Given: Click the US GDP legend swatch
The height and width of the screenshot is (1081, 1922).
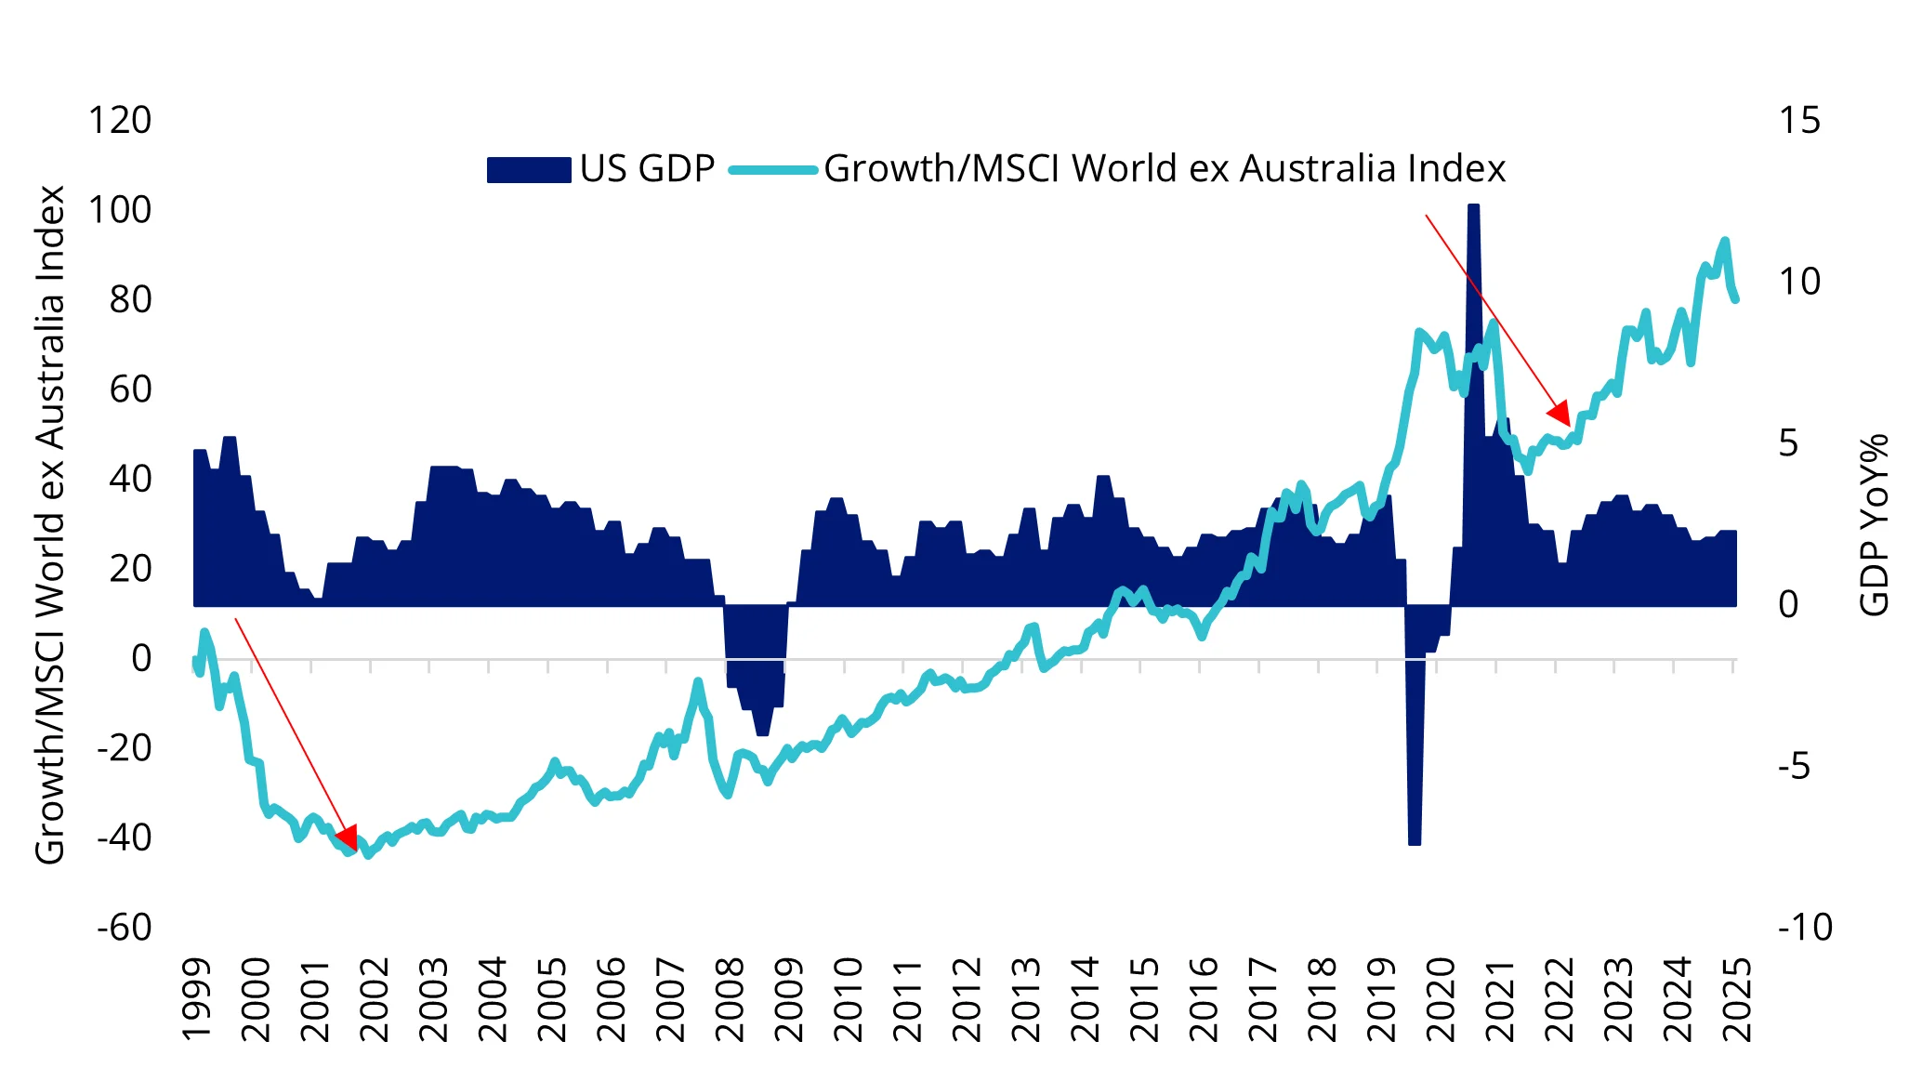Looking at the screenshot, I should coord(528,170).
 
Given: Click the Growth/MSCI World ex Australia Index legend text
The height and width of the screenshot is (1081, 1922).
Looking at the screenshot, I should coord(1164,169).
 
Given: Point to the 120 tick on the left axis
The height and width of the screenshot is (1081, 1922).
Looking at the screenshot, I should coord(119,121).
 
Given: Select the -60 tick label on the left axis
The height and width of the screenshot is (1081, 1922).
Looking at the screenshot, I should coord(124,927).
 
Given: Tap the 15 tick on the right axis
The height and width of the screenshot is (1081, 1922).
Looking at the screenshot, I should coord(1799,121).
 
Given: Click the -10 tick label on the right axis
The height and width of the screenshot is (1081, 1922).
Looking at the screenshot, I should coord(1804,927).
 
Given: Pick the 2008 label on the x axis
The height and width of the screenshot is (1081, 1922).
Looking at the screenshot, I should coord(731,1000).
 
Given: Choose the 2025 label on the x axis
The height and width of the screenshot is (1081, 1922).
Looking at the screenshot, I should coord(1736,1000).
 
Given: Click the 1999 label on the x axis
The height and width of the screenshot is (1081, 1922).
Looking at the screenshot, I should coord(197,1000).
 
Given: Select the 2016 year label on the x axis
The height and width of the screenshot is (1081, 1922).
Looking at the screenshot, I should coord(1204,1000).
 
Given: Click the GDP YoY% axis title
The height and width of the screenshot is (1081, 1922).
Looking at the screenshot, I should coord(1875,525).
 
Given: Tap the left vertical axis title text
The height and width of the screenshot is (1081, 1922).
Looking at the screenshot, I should coord(50,525).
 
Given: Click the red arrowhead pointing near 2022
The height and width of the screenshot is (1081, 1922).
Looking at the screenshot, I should coord(1560,413).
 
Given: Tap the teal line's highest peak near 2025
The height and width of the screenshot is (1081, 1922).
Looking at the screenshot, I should coord(1725,242).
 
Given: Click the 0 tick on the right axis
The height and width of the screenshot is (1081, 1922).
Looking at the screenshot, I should coord(1788,605).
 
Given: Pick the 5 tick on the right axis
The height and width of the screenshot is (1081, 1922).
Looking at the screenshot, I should coord(1788,443).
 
